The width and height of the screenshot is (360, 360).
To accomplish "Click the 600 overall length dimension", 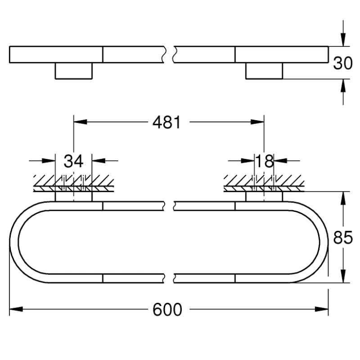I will (167, 309).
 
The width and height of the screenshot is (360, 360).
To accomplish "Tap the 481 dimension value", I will (166, 122).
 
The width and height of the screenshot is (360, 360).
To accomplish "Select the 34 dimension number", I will (73, 161).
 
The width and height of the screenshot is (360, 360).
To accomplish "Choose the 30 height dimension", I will (343, 63).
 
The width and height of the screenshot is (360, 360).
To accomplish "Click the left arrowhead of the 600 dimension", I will (16, 309).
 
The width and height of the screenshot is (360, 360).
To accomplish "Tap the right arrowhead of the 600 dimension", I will (322, 309).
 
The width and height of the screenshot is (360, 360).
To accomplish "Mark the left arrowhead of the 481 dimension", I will (80, 121).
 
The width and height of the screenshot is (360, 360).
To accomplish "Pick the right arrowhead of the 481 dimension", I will (257, 121).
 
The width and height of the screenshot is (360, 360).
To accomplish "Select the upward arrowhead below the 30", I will (343, 85).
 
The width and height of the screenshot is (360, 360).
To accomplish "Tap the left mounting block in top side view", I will (73, 71).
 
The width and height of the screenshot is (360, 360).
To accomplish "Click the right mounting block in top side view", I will (264, 71).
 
